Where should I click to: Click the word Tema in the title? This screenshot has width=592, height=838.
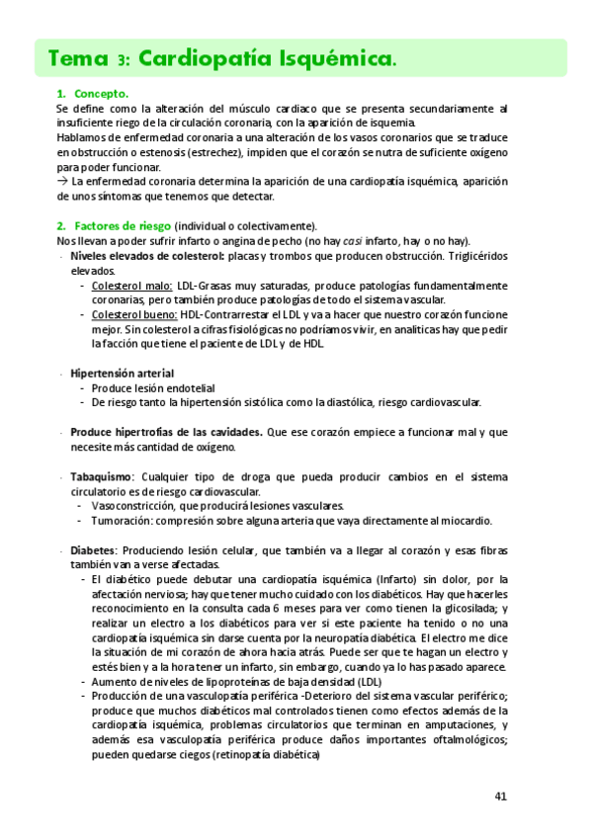pyautogui.click(x=75, y=59)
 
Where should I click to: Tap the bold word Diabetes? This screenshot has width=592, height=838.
pyautogui.click(x=93, y=550)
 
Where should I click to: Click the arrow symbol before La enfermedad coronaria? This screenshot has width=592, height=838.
pyautogui.click(x=62, y=182)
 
